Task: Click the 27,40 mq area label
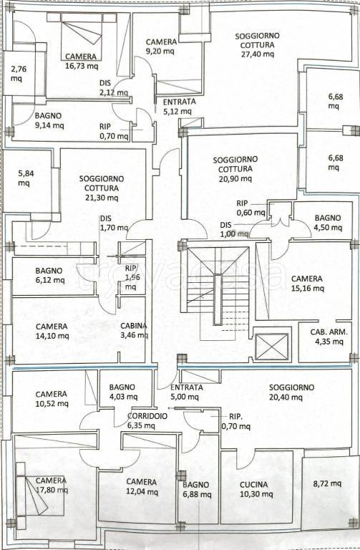258,54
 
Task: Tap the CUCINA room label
254,484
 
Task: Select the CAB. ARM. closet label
329,332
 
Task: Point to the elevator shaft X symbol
272,347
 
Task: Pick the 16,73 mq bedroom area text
82,66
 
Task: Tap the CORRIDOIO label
147,416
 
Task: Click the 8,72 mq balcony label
327,483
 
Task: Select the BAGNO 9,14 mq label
49,120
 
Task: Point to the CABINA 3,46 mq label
135,330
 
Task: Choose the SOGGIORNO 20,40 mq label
291,392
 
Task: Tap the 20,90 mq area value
235,178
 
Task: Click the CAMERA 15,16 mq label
308,284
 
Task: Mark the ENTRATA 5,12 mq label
179,107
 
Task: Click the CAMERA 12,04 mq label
142,487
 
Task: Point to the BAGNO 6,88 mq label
197,490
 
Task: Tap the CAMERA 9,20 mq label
161,47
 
